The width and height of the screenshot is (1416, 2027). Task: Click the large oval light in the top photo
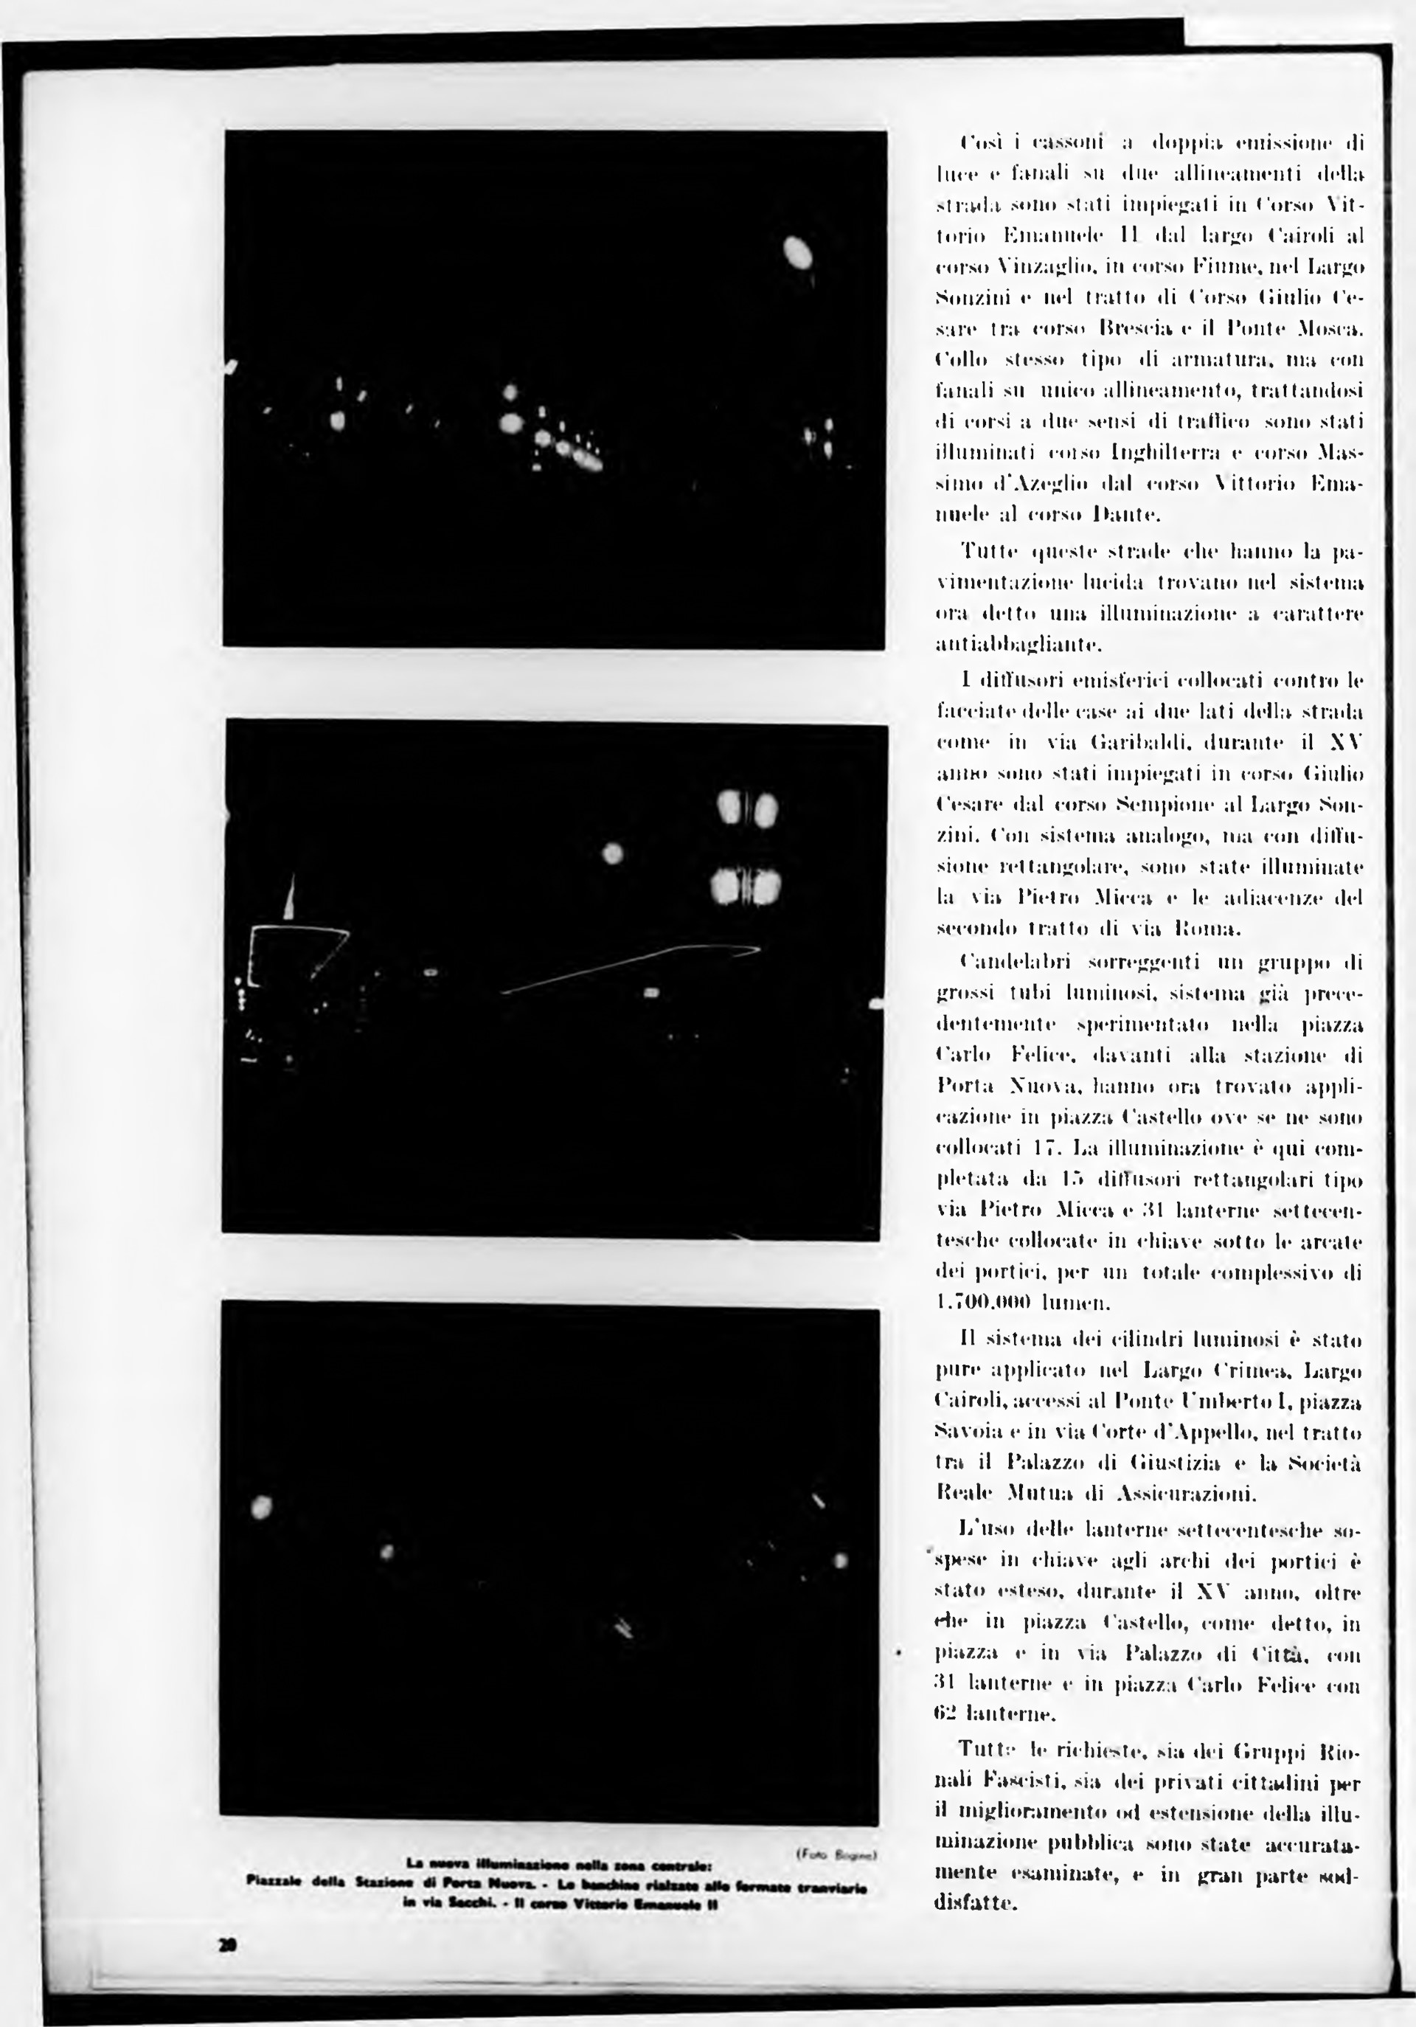click(x=798, y=254)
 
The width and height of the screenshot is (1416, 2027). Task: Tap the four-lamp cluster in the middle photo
click(x=745, y=847)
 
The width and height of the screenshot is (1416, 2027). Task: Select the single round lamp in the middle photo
click(x=612, y=853)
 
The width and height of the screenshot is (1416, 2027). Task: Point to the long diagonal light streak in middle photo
click(x=627, y=969)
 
